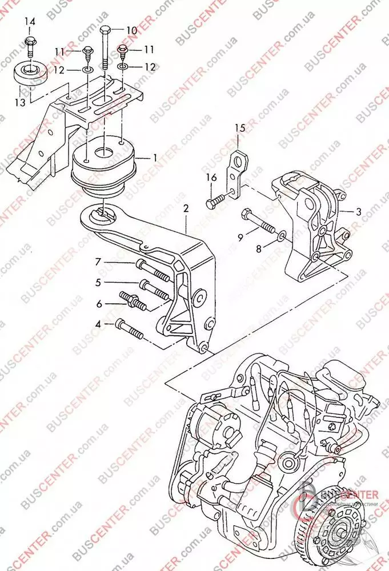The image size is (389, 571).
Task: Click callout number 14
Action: (29, 22)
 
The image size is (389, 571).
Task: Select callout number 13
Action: (20, 102)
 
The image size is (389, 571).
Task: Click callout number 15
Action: (239, 127)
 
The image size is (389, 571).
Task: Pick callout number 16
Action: (211, 178)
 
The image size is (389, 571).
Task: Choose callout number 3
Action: (358, 212)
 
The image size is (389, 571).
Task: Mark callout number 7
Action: (98, 262)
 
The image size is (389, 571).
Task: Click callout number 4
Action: (98, 324)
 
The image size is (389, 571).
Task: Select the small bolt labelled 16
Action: (215, 201)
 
